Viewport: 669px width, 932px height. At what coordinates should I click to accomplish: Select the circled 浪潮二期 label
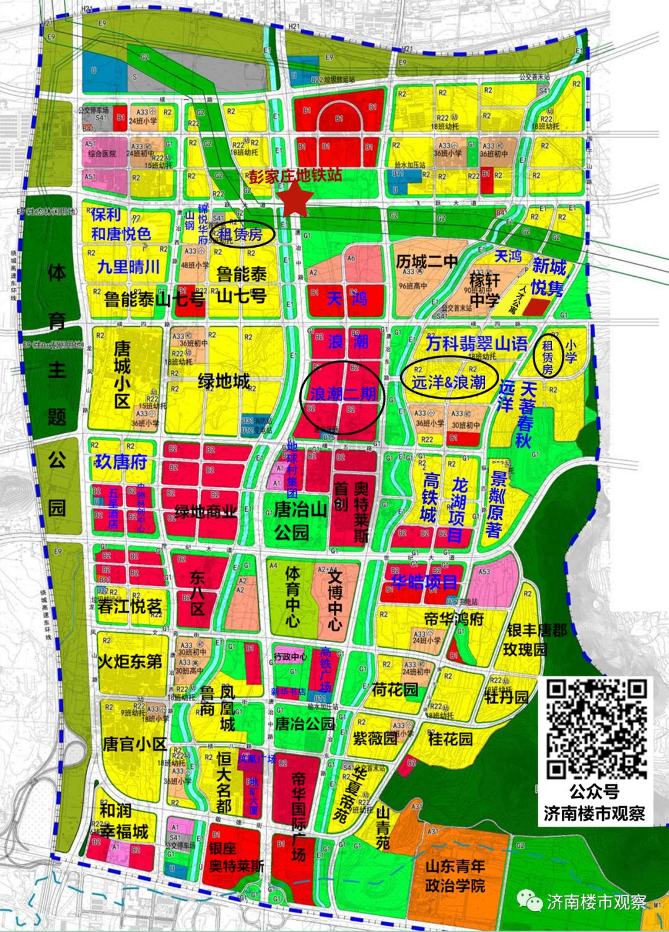point(343,394)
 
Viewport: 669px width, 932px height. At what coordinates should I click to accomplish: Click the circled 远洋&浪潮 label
point(448,382)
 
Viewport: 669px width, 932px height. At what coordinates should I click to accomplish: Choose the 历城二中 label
point(427,261)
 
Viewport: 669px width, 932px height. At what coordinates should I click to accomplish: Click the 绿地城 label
point(224,381)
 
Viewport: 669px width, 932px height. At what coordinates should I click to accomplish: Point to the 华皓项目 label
point(424,581)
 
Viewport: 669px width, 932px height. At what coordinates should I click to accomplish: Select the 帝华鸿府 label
point(454,618)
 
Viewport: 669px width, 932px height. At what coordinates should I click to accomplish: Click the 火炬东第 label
point(130,661)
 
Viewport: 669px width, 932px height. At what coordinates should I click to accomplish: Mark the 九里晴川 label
point(129,267)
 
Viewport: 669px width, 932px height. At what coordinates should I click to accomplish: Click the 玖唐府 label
point(121,462)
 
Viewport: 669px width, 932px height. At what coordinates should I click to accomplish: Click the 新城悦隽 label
point(548,277)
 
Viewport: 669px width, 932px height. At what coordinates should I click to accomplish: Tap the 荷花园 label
point(395,690)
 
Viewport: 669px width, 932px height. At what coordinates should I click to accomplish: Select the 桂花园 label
point(450,739)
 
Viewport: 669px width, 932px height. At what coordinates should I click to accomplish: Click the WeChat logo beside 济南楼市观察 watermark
point(530,901)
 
